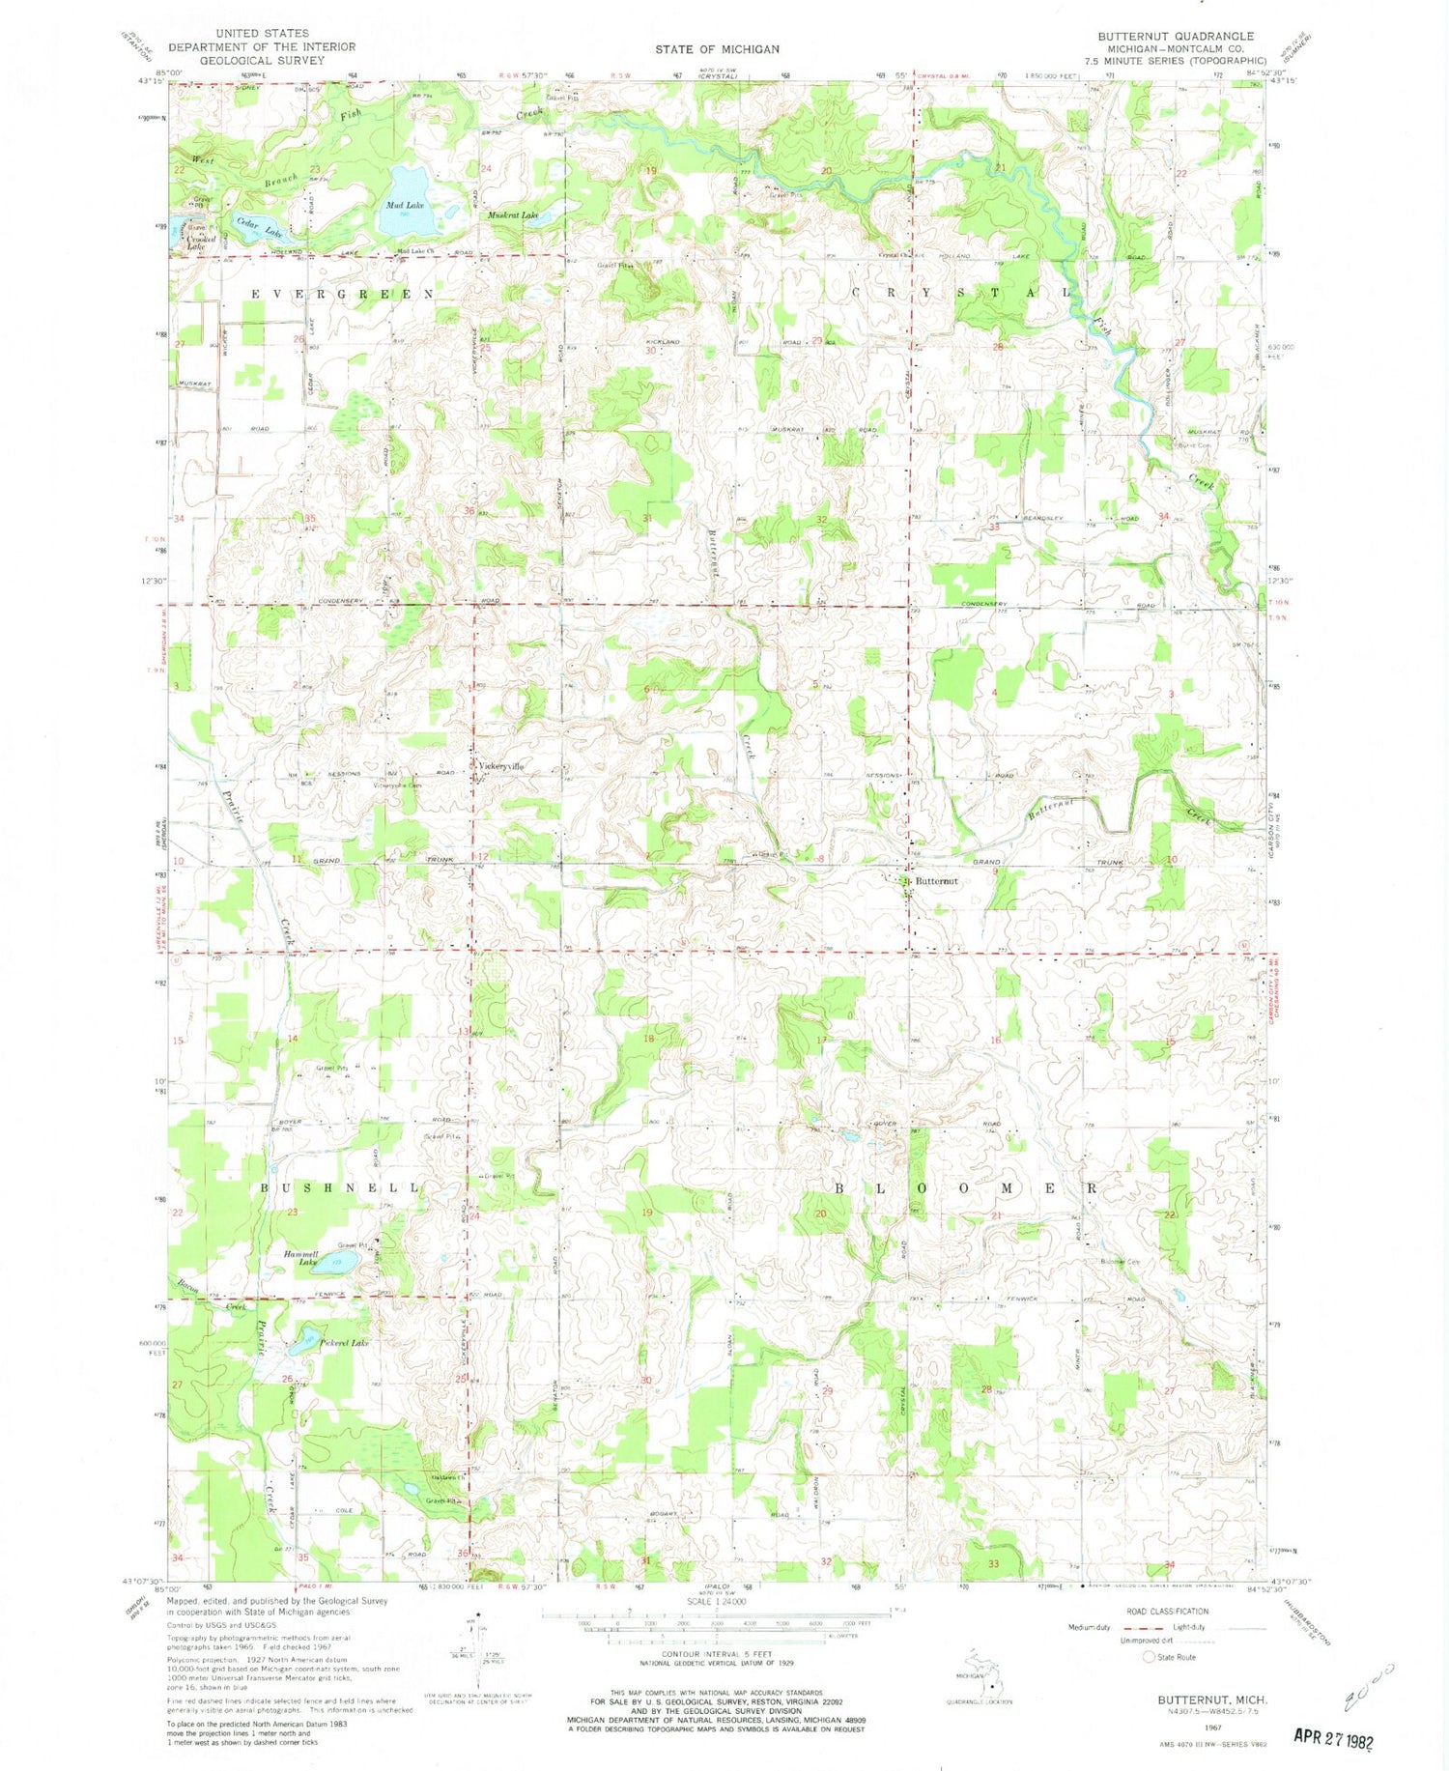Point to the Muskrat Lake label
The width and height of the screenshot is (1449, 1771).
tap(512, 215)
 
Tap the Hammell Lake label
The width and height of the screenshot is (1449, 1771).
tap(301, 1258)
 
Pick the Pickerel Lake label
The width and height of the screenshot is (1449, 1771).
tap(345, 1344)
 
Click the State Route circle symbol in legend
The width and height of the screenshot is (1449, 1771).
tap(1149, 1656)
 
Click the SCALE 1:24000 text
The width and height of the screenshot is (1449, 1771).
tap(715, 1601)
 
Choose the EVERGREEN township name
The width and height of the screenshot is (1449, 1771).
tap(344, 293)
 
